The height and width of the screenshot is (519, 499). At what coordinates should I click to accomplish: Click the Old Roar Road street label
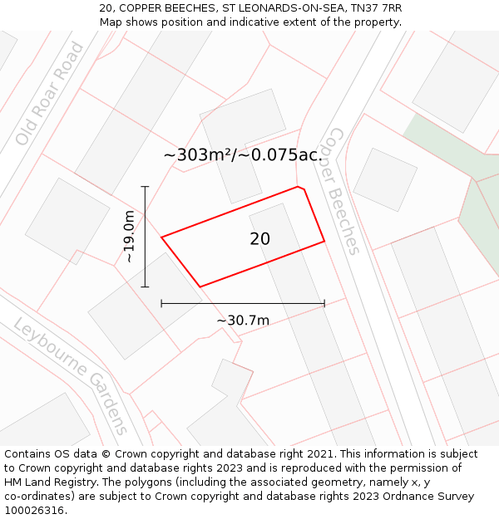click(x=50, y=93)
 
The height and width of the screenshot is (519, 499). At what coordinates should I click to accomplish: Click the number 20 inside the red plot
click(x=259, y=239)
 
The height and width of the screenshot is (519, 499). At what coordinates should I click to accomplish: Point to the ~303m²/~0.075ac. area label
click(x=243, y=155)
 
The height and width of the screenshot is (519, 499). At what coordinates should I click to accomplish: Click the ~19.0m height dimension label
click(x=130, y=237)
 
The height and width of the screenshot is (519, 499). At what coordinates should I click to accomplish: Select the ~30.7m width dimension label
click(x=243, y=321)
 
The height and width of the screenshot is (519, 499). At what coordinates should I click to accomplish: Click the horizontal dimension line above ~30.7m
click(x=243, y=304)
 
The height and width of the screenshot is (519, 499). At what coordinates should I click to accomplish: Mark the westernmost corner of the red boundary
click(x=161, y=237)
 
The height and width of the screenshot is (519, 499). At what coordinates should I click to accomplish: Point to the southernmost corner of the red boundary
click(x=200, y=287)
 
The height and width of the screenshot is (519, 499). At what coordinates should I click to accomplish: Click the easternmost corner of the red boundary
click(x=324, y=242)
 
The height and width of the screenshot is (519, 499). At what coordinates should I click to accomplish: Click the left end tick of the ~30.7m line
click(x=161, y=304)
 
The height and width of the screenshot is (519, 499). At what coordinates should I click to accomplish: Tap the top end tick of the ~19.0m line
click(x=146, y=187)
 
